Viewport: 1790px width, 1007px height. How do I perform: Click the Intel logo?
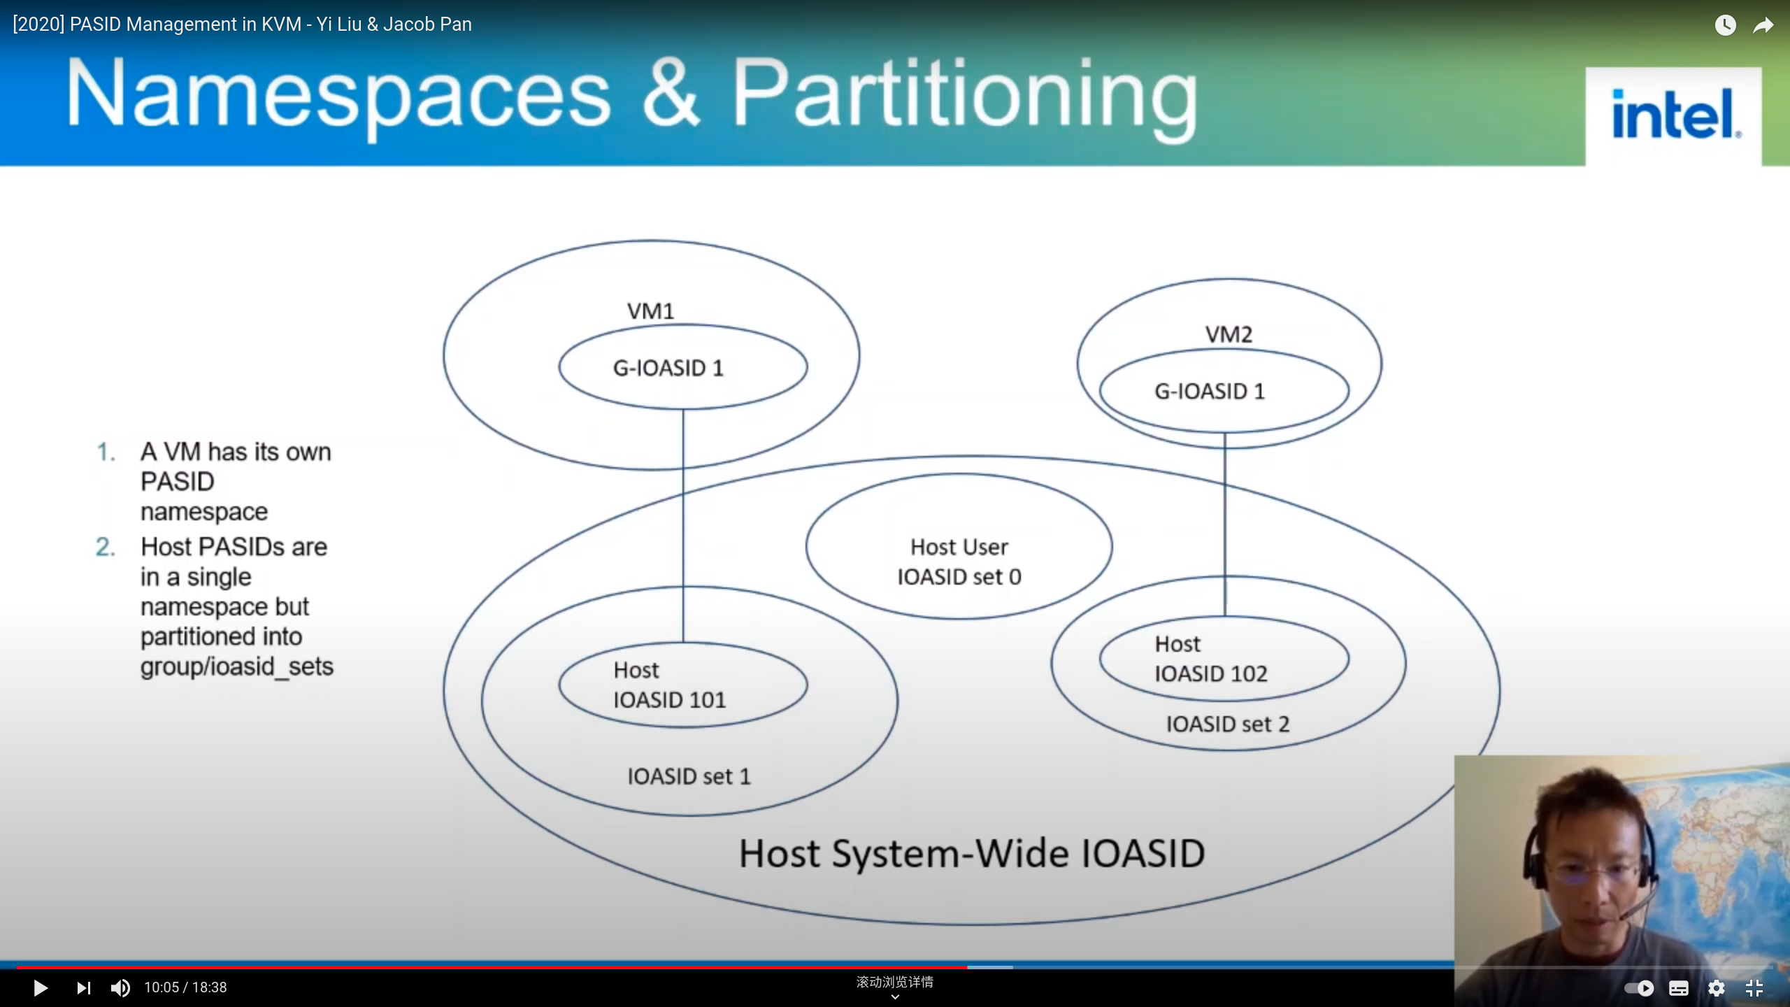pos(1674,115)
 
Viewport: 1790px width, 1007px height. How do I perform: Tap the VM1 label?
pos(650,311)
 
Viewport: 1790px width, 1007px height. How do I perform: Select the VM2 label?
pos(1229,334)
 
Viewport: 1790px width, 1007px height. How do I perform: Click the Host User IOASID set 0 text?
pos(959,562)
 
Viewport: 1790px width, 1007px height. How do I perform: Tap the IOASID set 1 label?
pos(689,776)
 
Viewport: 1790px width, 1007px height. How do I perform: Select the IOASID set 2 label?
pos(1227,724)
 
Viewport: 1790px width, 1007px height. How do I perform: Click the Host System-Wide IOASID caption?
pos(972,854)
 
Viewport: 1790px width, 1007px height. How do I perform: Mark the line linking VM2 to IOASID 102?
pos(1224,524)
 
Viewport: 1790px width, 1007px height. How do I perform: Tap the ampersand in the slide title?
pos(670,94)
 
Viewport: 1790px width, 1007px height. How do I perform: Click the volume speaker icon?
pos(120,988)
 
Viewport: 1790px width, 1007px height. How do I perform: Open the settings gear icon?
pos(1717,988)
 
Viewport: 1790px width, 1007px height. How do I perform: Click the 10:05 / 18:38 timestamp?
pos(185,987)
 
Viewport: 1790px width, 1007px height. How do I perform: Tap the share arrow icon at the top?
pos(1763,26)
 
